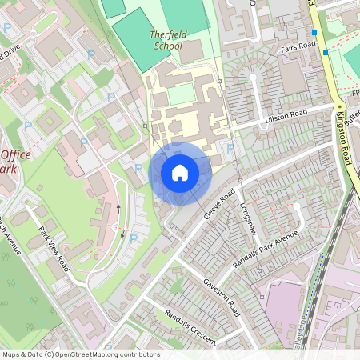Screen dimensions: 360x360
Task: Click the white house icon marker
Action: tap(180, 173)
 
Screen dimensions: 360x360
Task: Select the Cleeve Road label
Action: tap(222, 206)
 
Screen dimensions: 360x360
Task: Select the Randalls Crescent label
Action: tap(190, 327)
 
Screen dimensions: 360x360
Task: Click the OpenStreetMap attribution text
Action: tap(80, 354)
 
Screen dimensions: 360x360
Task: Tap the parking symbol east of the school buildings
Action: tap(231, 148)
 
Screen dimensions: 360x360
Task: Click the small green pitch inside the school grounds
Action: tap(182, 94)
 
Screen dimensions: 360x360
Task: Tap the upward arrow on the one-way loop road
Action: tap(119, 207)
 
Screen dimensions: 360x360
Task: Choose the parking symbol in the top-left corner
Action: tap(7, 26)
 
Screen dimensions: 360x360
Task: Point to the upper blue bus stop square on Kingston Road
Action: tap(314, 33)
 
